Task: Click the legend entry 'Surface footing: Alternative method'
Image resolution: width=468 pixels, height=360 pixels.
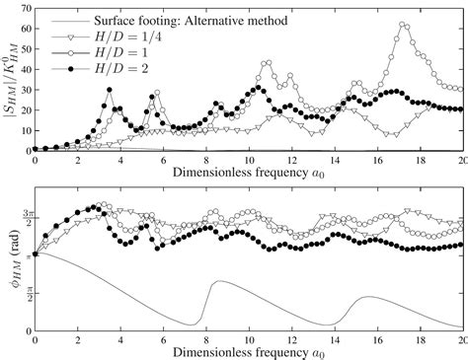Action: click(x=179, y=20)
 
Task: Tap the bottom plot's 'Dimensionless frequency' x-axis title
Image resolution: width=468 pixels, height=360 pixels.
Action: click(x=247, y=351)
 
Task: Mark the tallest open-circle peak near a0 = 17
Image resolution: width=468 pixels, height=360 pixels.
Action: click(x=402, y=25)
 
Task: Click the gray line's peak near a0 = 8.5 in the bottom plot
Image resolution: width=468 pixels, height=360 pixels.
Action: click(x=216, y=281)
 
